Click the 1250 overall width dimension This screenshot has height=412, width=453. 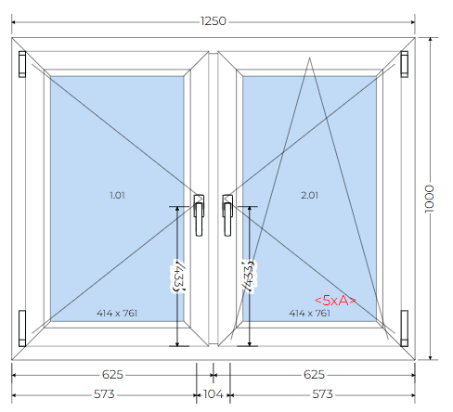[214, 21]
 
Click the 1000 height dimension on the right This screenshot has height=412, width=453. [429, 199]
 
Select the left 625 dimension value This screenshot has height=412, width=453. [112, 375]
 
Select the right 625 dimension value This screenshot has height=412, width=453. [314, 375]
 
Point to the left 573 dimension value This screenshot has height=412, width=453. [104, 394]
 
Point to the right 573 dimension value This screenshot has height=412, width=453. [322, 394]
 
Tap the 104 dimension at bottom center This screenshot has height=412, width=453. [214, 394]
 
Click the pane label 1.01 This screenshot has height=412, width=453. [117, 195]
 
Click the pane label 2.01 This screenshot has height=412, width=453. [309, 195]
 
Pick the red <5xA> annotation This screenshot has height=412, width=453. [335, 300]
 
